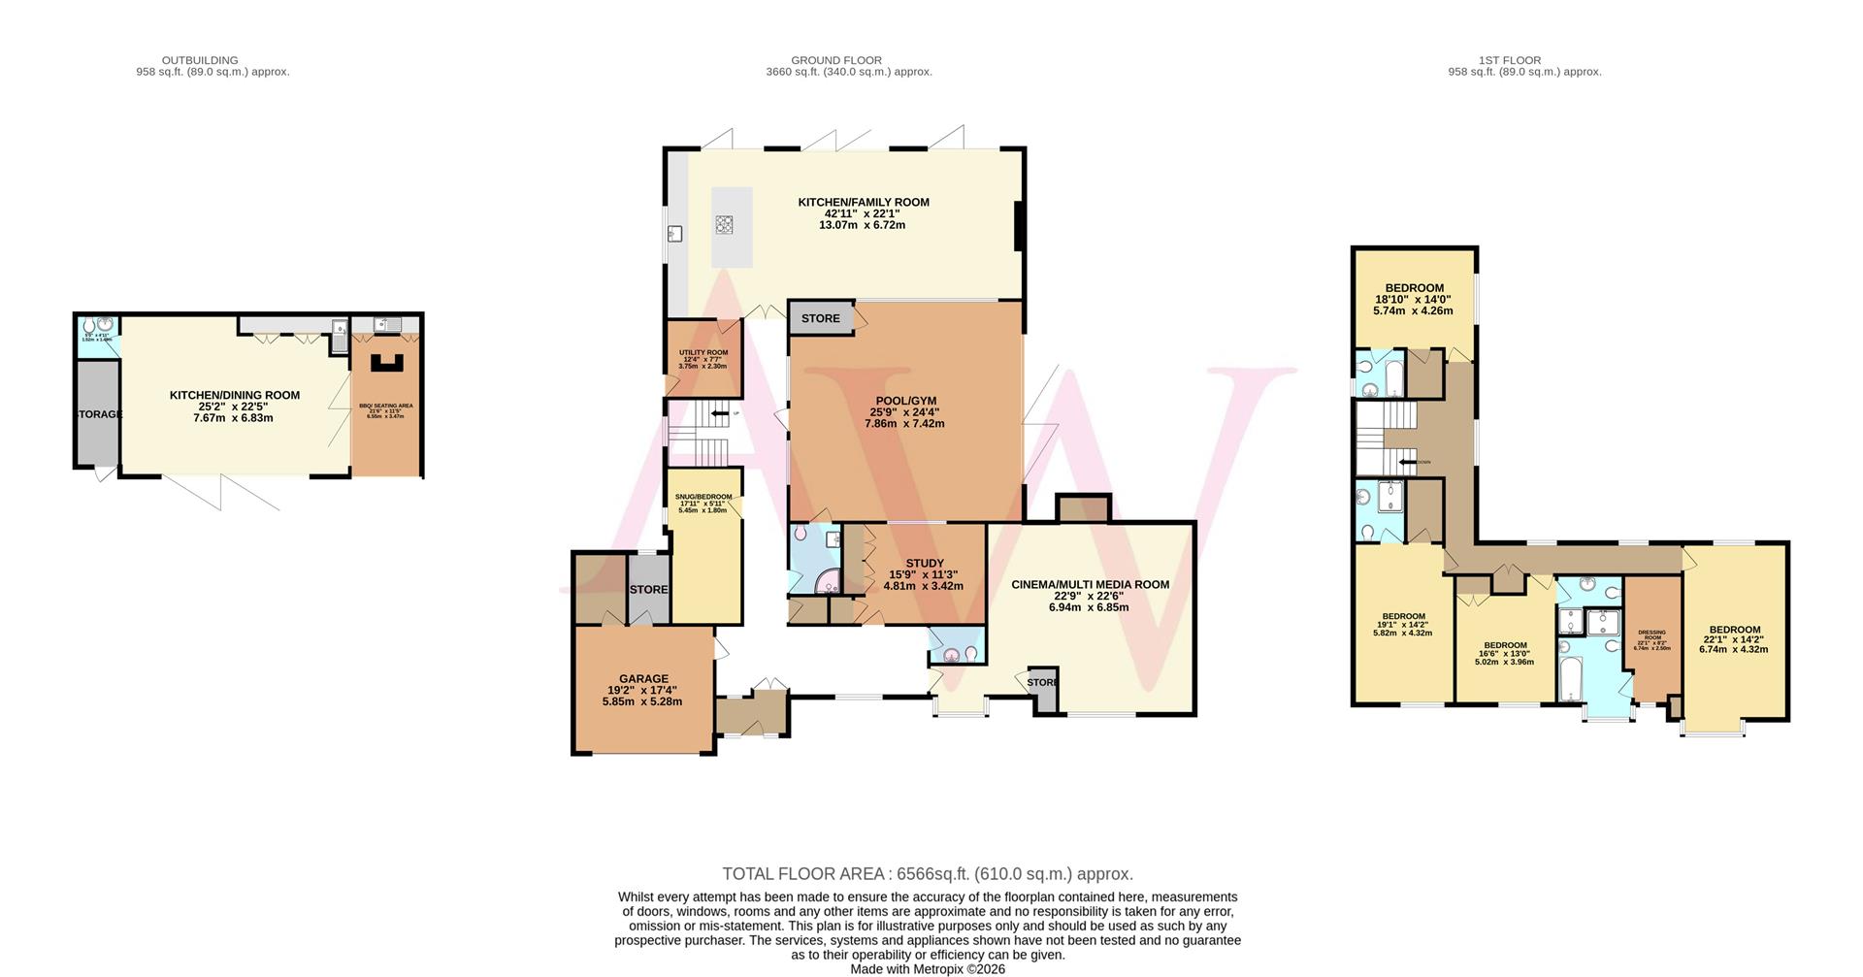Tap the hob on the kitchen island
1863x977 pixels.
point(725,225)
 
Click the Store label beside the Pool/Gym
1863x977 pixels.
point(820,318)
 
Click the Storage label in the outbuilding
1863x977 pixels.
point(98,414)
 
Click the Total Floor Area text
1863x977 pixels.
point(928,874)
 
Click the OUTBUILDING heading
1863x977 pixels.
point(200,60)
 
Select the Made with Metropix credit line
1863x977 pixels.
point(928,968)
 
